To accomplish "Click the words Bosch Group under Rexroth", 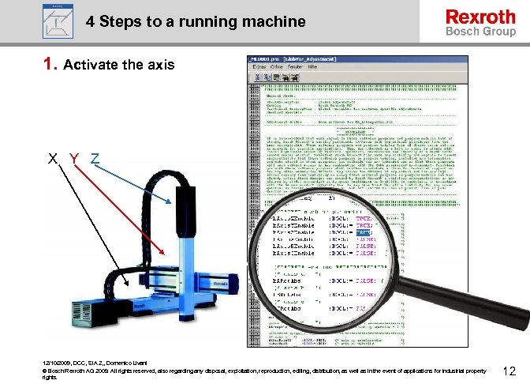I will (480, 32).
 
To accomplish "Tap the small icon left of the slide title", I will (55, 20).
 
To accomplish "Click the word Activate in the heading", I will (90, 65).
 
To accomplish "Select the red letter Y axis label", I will (73, 158).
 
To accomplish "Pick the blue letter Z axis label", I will (94, 158).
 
